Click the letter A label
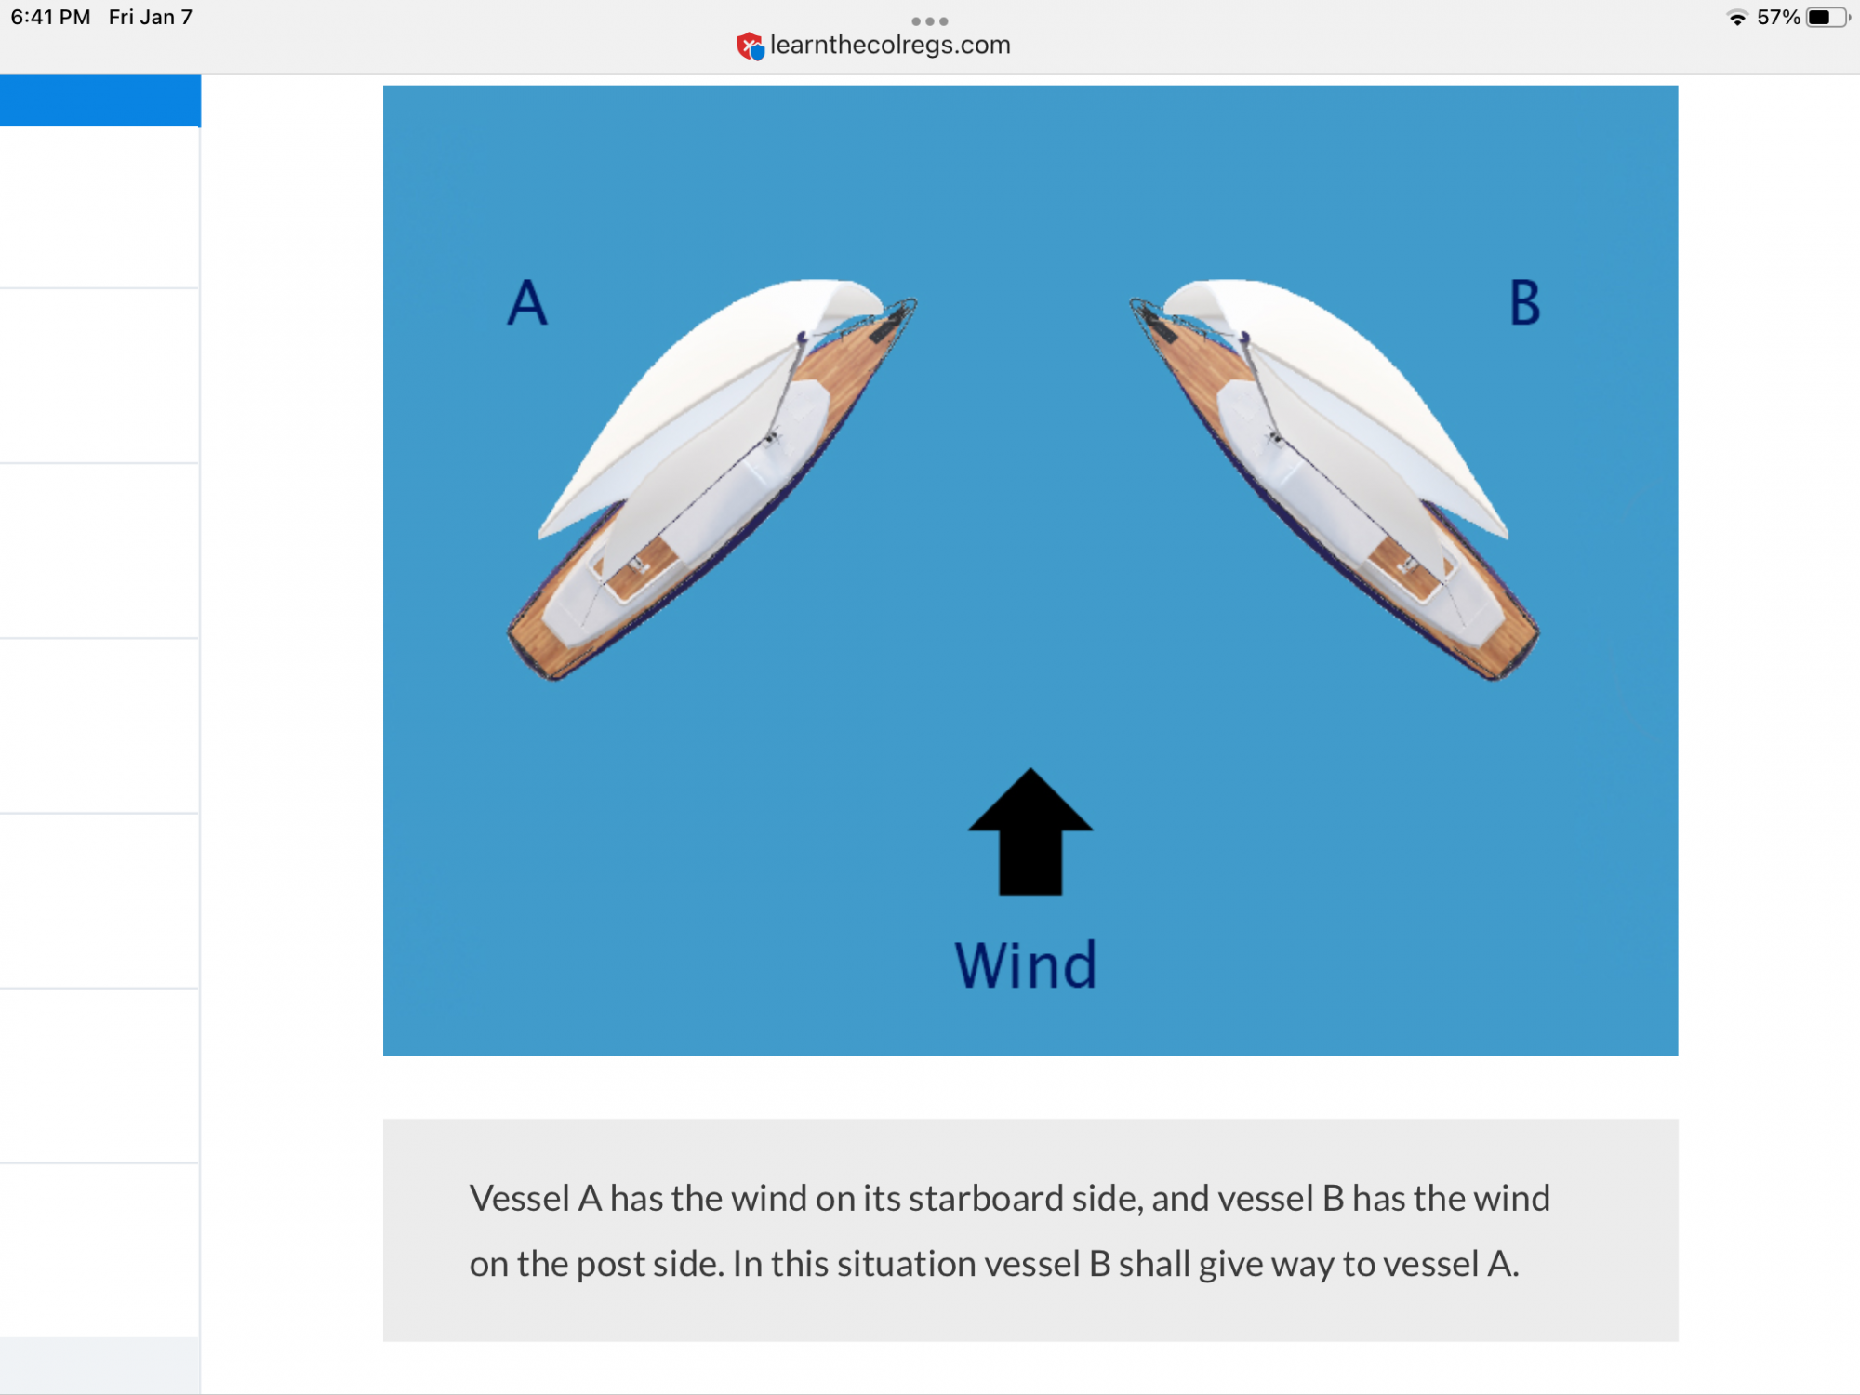(527, 302)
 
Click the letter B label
(1525, 302)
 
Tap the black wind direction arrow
(1030, 831)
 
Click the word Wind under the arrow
(1027, 964)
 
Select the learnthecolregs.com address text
(890, 45)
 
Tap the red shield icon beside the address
(750, 46)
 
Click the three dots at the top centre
(930, 20)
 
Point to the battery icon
(1827, 18)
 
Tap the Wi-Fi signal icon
(1736, 18)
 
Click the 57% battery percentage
(1778, 18)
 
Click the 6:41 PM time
(51, 18)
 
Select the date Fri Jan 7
(151, 18)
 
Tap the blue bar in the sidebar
(100, 100)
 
